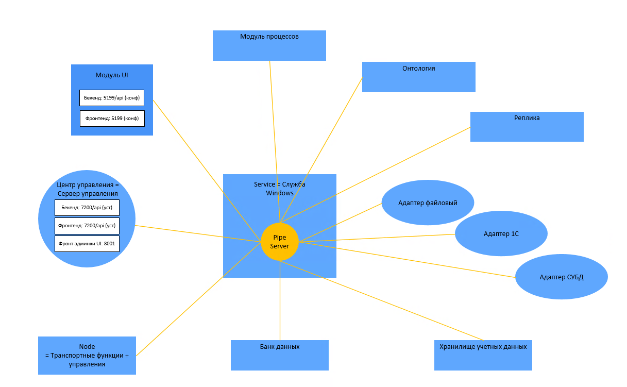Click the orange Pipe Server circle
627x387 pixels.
[x=280, y=242]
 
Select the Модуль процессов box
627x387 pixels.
[x=269, y=46]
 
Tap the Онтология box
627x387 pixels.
[x=418, y=77]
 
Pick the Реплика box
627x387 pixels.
[x=527, y=127]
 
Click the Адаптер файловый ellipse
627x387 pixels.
[x=428, y=203]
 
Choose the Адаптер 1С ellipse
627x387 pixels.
[x=501, y=233]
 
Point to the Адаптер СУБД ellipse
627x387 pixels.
[x=561, y=277]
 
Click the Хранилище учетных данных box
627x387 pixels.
[x=483, y=355]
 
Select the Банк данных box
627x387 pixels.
[x=279, y=355]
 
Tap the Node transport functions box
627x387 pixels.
[x=87, y=355]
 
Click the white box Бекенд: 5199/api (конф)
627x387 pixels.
[x=112, y=97]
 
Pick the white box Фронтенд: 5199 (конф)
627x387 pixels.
[x=112, y=119]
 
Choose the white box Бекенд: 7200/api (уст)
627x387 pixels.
[x=87, y=208]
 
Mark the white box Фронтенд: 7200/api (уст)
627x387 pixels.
[x=87, y=225]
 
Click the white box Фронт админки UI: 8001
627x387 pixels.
[x=87, y=243]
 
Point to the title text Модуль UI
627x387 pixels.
[x=112, y=75]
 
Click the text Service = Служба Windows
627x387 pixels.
[x=280, y=189]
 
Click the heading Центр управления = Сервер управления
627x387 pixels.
[x=87, y=189]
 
